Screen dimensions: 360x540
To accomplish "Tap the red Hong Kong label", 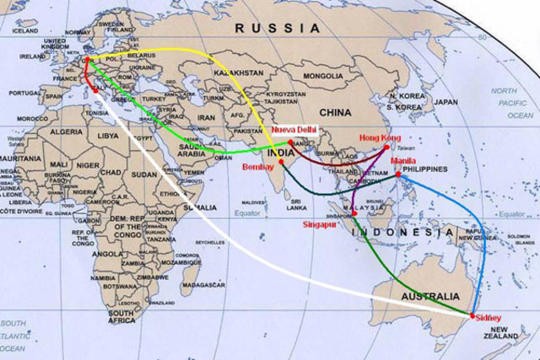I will [377, 137].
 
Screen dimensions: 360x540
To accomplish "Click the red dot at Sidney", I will [472, 314].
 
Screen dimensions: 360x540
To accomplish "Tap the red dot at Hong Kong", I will [387, 147].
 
